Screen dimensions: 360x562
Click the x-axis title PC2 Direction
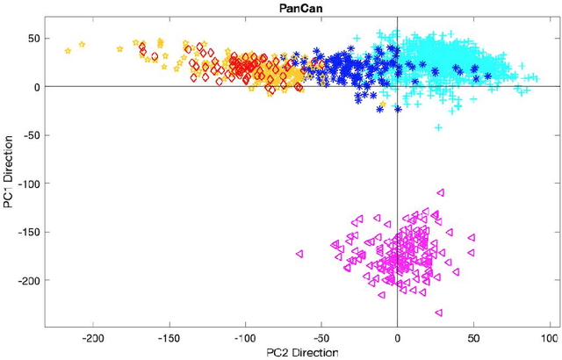pyautogui.click(x=298, y=352)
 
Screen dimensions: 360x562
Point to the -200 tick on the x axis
pyautogui.click(x=92, y=337)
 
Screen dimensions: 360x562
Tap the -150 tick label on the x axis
pyautogui.click(x=169, y=337)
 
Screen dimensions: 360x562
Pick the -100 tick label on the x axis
pyautogui.click(x=245, y=337)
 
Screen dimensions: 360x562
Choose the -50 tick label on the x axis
pyautogui.click(x=321, y=337)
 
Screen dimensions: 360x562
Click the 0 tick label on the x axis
pyautogui.click(x=398, y=337)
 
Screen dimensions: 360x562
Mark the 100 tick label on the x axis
pyautogui.click(x=550, y=337)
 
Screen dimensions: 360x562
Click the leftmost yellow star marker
pyautogui.click(x=68, y=51)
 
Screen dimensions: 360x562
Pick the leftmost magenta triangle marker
pyautogui.click(x=300, y=253)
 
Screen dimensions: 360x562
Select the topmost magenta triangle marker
pyautogui.click(x=440, y=192)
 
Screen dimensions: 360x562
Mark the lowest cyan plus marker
pyautogui.click(x=438, y=127)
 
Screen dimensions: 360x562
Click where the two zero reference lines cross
pyautogui.click(x=398, y=86)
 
